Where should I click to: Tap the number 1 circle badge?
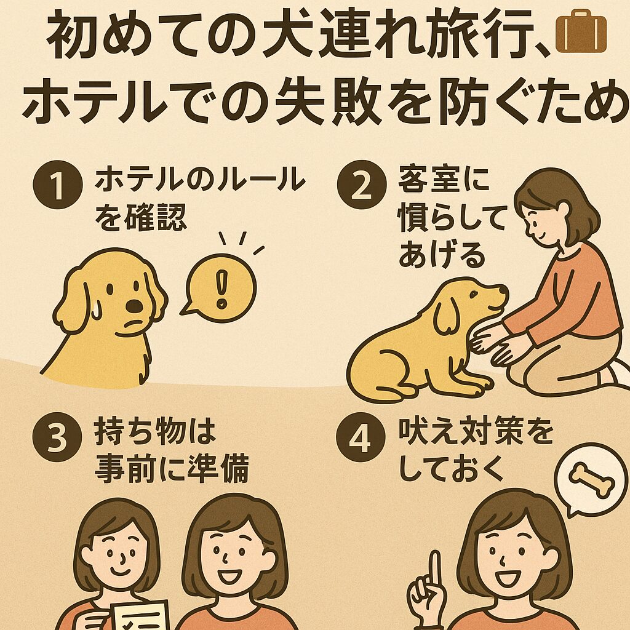click(x=57, y=185)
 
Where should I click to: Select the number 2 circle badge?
click(x=361, y=185)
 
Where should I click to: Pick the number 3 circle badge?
click(x=57, y=437)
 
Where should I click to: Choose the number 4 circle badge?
click(x=361, y=437)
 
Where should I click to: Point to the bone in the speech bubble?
click(x=591, y=480)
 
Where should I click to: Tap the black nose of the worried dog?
click(x=134, y=306)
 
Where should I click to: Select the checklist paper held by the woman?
click(x=140, y=615)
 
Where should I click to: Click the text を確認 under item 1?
click(x=141, y=217)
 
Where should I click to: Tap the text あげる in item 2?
click(x=442, y=255)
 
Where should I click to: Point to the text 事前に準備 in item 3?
click(x=172, y=468)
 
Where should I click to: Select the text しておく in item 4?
click(x=452, y=468)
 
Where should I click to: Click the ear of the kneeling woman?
click(x=564, y=210)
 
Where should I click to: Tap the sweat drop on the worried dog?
click(x=96, y=310)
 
